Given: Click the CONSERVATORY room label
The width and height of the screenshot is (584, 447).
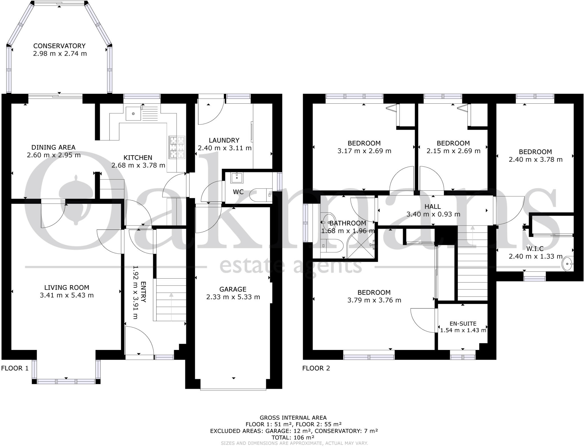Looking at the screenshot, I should pos(59,46).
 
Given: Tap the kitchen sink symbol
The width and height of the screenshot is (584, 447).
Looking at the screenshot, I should pos(133,114).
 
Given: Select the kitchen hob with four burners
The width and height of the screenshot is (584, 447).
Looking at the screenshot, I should pos(177,147).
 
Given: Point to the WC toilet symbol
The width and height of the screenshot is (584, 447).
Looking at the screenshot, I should pos(258,196).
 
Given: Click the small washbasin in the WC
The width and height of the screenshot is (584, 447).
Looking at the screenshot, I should pos(237,178).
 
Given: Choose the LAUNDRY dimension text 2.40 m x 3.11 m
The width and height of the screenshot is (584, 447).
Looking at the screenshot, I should pos(224,148).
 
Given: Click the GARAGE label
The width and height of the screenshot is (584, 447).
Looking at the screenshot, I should pos(233,289).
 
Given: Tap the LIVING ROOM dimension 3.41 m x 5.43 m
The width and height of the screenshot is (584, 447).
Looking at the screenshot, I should pos(67,295).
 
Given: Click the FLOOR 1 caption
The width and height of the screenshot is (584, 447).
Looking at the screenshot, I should pos(15,368).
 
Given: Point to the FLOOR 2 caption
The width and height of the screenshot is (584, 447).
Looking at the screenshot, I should pos(316,368).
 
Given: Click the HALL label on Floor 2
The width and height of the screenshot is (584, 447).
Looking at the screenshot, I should pos(433,206).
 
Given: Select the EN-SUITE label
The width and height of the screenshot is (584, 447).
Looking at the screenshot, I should pos(463,323).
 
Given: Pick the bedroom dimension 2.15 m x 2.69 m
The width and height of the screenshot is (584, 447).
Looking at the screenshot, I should pos(453,151).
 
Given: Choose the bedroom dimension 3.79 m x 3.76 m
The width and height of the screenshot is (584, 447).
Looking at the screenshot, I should pos(374,300).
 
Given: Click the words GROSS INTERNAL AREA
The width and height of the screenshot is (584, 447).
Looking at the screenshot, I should pos(293,418).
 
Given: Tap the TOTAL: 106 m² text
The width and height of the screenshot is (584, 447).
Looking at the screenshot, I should pos(293,437).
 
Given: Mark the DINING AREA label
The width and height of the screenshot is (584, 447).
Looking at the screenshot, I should pos(53,147).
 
